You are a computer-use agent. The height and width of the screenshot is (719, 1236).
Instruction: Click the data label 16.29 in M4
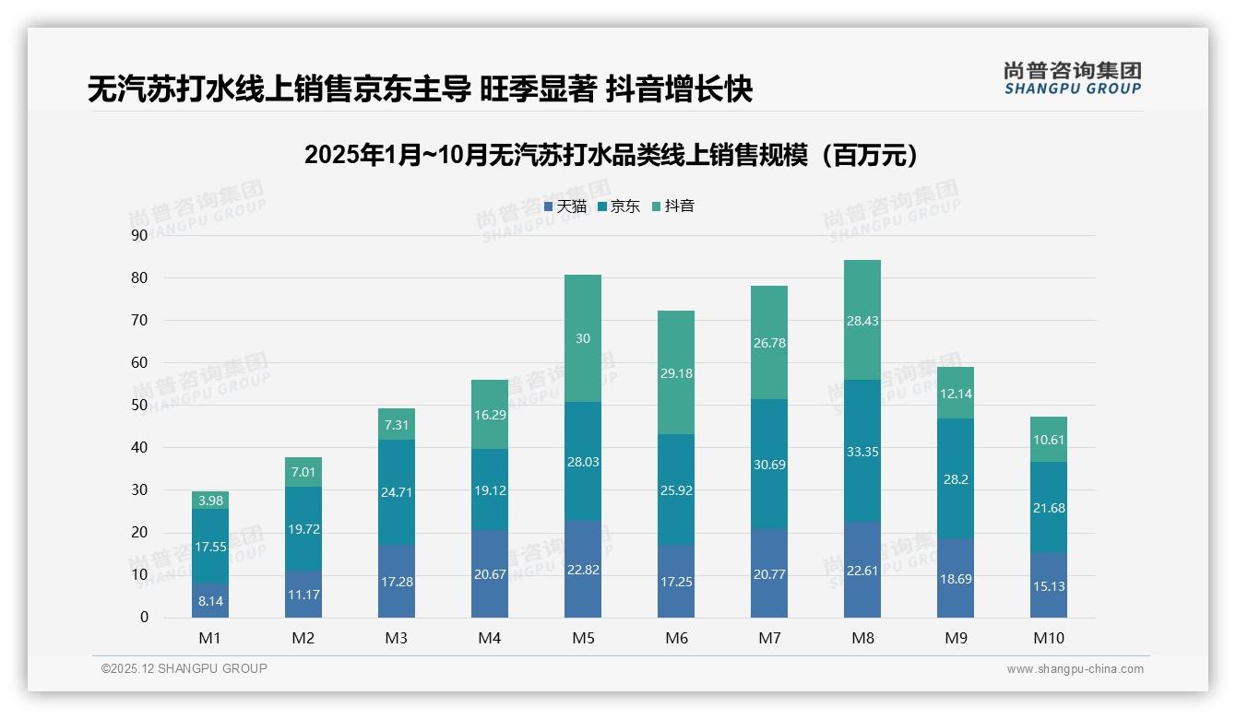point(489,415)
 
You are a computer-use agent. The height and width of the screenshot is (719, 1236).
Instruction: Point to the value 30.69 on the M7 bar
point(768,465)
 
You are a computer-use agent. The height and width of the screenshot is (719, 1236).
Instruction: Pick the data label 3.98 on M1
point(210,501)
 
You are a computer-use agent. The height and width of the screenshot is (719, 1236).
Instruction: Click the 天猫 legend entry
point(565,206)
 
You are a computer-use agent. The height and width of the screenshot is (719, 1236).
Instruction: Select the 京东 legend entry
point(619,206)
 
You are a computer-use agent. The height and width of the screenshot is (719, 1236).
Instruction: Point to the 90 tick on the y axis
point(139,235)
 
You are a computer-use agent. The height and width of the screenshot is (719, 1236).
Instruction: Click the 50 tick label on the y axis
point(139,405)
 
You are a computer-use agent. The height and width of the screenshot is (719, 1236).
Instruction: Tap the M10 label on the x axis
point(1048,638)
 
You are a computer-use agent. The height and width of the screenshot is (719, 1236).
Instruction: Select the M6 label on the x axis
point(675,638)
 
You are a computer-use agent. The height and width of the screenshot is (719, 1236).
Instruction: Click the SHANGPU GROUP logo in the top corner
point(1072,77)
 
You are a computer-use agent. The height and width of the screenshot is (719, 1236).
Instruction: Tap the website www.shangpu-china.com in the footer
point(1075,669)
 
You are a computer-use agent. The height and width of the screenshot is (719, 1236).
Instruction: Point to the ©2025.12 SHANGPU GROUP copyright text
point(184,669)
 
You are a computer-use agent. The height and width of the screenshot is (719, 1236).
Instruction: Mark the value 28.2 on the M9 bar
point(955,479)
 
